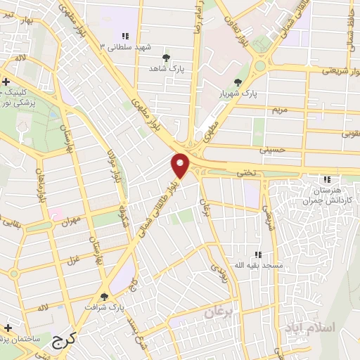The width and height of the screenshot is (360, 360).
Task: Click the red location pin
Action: click(x=181, y=165)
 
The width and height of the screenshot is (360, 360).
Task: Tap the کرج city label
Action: click(x=65, y=342)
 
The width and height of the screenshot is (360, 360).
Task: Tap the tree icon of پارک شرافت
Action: click(x=105, y=297)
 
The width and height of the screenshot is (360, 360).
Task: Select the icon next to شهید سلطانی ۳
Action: click(x=125, y=36)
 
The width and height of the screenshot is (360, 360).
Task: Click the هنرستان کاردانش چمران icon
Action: click(x=327, y=180)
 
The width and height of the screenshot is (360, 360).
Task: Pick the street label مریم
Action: click(x=279, y=110)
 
